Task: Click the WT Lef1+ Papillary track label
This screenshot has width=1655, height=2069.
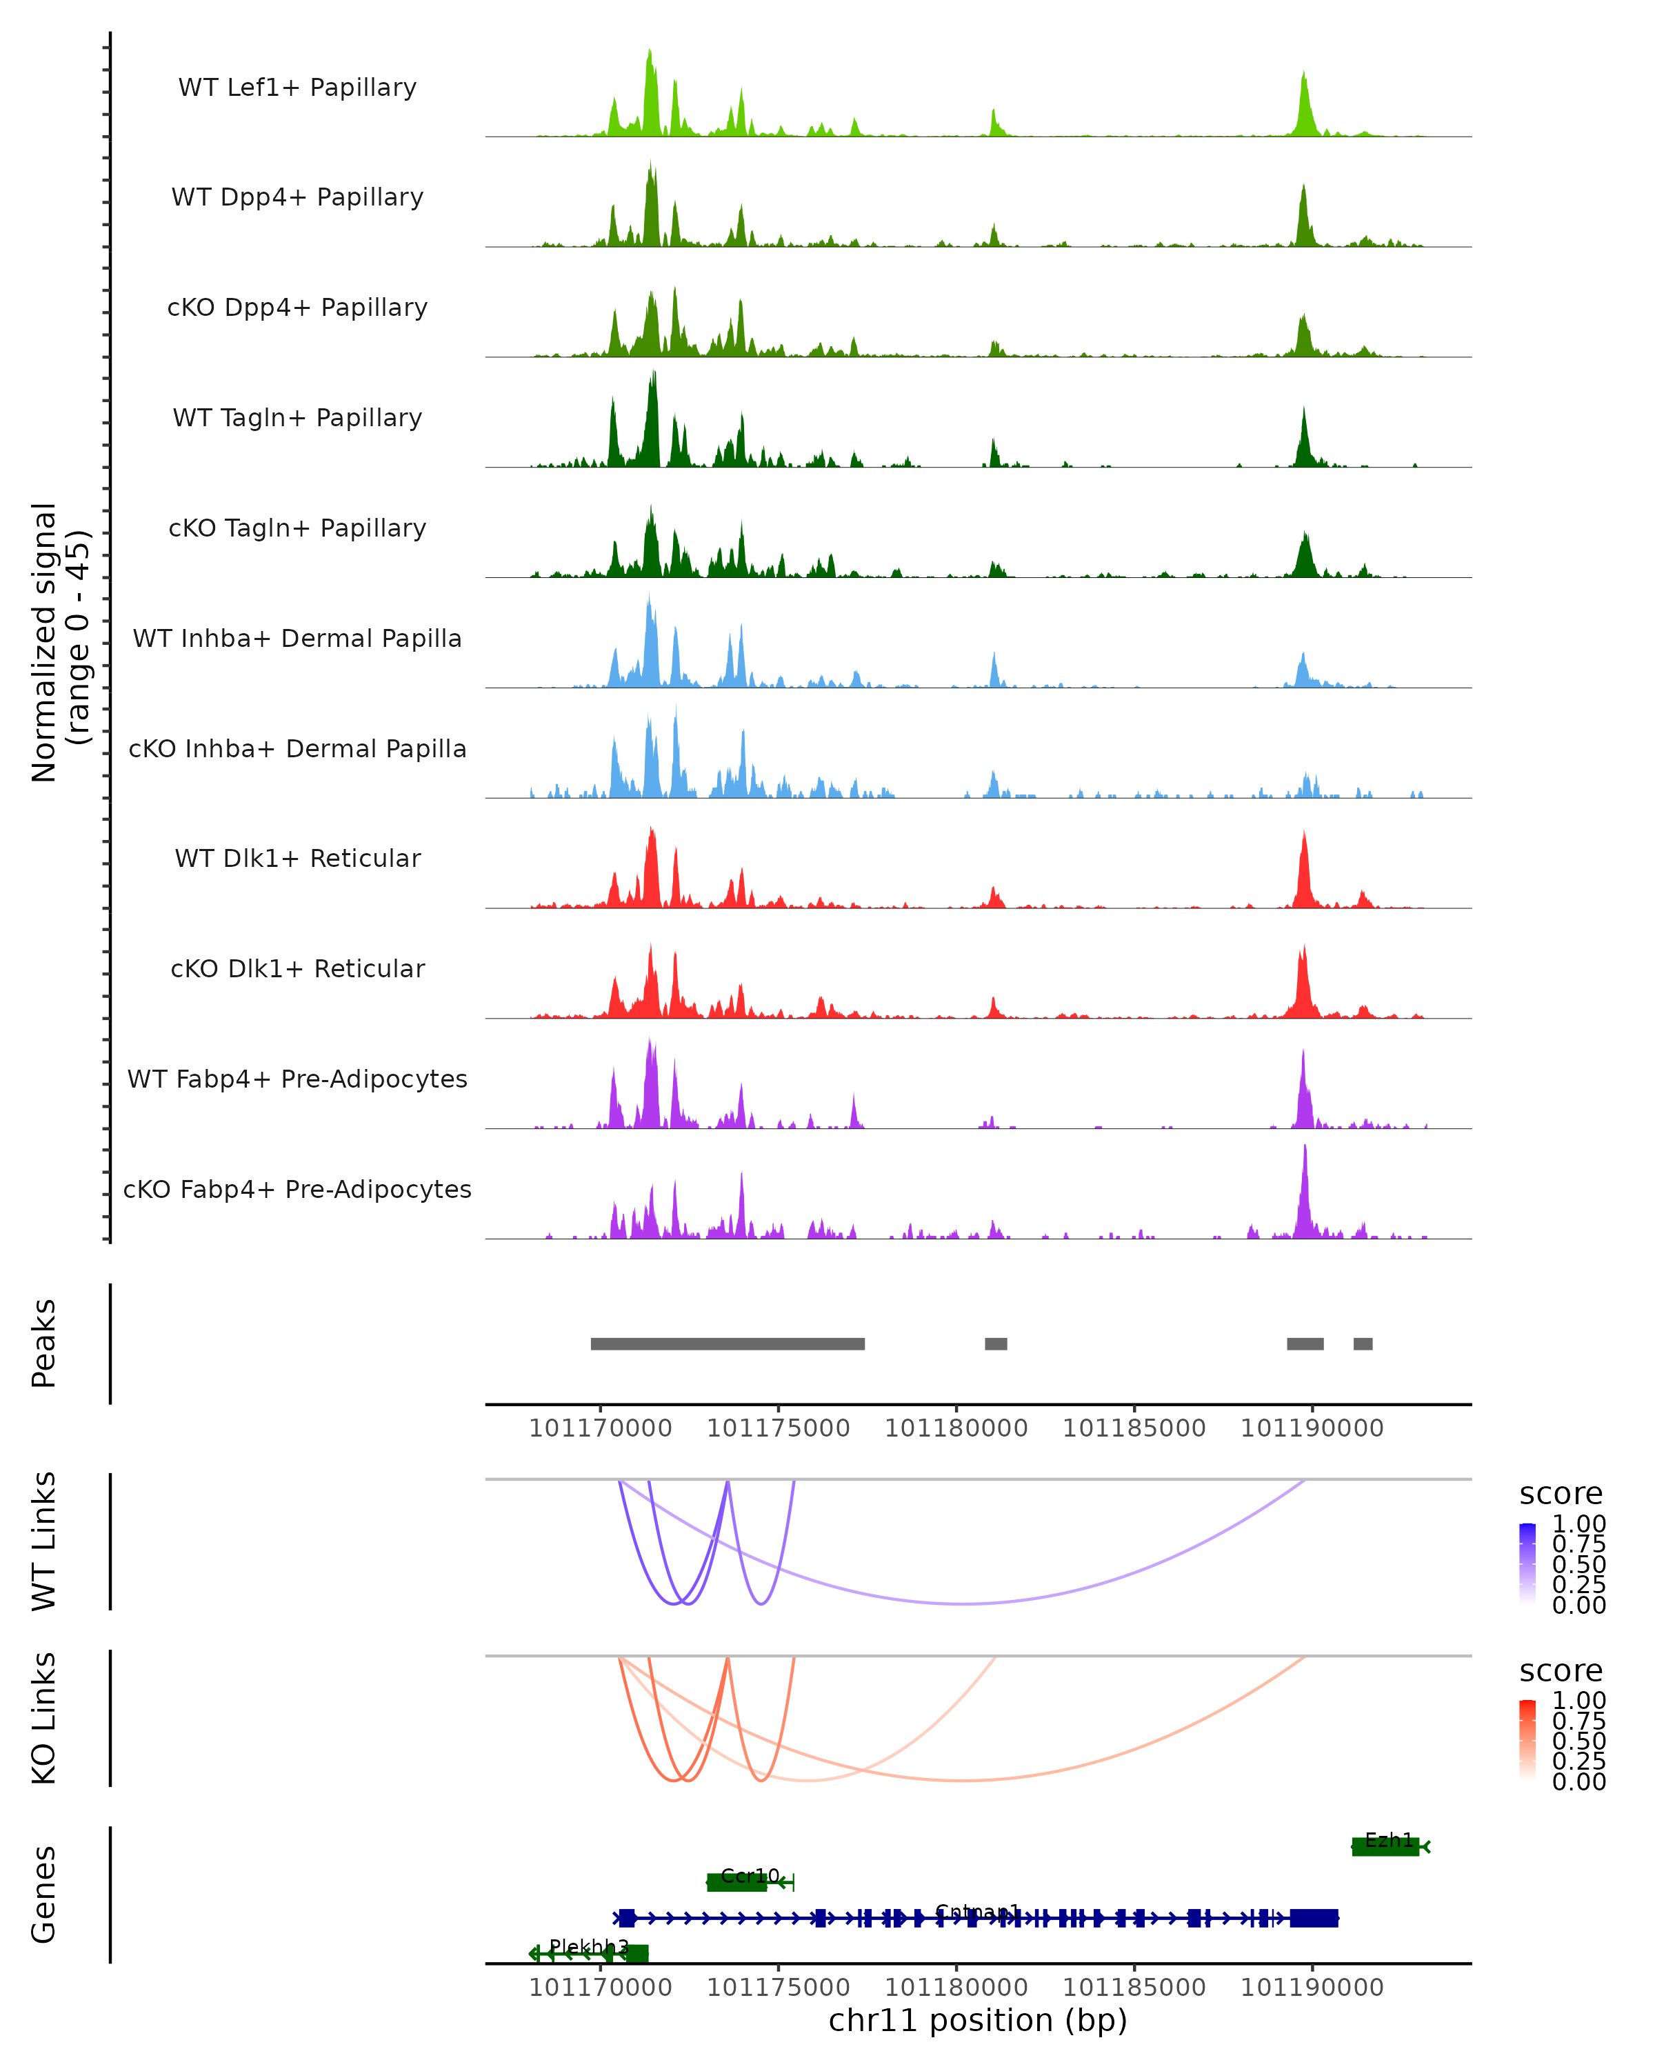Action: click(297, 88)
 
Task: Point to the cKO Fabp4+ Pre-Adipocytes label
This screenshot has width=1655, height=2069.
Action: click(297, 1189)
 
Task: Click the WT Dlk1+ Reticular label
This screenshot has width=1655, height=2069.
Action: click(297, 858)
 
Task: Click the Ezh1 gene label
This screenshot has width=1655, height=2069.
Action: click(1388, 1839)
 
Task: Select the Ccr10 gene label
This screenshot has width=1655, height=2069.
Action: click(750, 1875)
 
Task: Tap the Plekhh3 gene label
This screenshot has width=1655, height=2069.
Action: click(588, 1946)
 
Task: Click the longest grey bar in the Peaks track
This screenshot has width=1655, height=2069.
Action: click(728, 1343)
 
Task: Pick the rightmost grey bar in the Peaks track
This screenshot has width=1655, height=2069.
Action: click(1363, 1343)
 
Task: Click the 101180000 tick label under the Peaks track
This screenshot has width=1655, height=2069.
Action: click(956, 1429)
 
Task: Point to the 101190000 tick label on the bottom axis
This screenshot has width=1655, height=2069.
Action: click(1312, 1988)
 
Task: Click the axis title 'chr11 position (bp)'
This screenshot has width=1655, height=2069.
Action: click(978, 2021)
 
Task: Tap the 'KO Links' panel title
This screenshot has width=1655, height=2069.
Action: click(44, 1719)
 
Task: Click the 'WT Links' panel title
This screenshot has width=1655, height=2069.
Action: click(44, 1541)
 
